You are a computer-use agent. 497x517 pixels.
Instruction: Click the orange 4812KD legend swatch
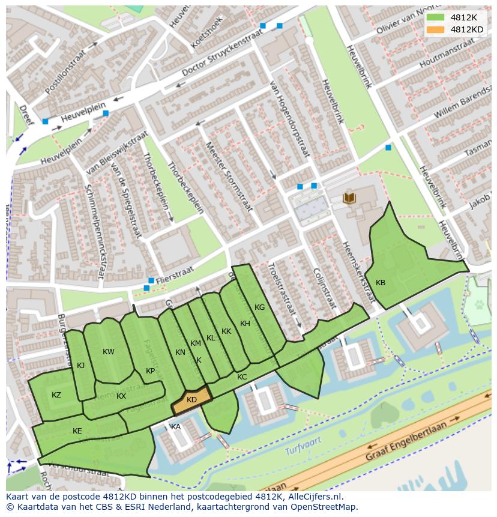[x=436, y=29]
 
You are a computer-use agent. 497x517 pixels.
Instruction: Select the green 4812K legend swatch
[x=436, y=17]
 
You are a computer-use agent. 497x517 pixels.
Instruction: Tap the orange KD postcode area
[x=191, y=400]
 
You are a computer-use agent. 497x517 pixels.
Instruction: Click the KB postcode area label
[x=381, y=283]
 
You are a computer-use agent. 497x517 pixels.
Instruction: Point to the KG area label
[x=259, y=307]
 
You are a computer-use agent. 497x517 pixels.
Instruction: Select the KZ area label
[x=56, y=395]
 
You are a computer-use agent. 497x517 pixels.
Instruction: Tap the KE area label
[x=77, y=431]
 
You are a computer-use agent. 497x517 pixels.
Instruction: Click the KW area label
[x=108, y=352]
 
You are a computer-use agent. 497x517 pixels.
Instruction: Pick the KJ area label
[x=81, y=365]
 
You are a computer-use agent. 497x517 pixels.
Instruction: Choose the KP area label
[x=151, y=371]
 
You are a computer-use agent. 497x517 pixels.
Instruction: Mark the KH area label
[x=245, y=324]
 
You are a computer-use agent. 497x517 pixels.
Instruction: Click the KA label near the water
[x=176, y=427]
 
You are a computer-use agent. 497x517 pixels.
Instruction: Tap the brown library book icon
[x=348, y=198]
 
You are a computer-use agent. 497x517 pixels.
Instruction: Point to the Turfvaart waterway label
[x=303, y=444]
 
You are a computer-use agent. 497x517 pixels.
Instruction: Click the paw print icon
[x=480, y=304]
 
